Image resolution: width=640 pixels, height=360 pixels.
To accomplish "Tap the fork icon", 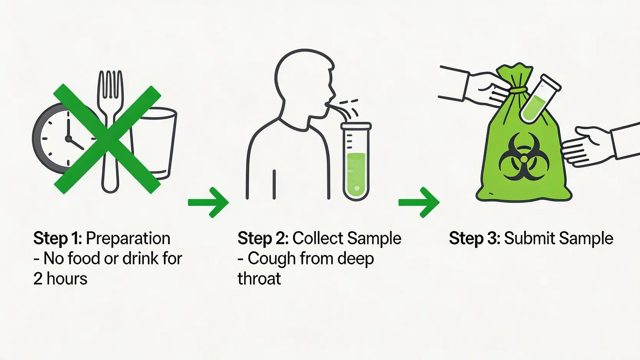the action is click(111, 131).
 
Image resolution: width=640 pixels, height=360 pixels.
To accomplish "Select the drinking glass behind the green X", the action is click(154, 143).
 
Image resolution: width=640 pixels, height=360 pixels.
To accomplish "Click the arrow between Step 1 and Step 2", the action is click(208, 202).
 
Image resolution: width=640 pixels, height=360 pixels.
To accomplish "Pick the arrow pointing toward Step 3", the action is click(419, 202).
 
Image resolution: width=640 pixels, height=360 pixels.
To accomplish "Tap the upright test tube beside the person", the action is click(356, 161).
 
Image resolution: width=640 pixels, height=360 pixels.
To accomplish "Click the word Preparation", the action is click(128, 239).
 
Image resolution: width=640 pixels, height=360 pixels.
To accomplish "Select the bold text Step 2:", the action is click(263, 239).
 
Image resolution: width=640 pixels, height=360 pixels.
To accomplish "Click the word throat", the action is click(259, 278).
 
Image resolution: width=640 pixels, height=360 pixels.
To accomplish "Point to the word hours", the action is click(67, 278).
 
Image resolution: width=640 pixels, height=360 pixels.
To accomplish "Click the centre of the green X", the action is click(108, 139).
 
